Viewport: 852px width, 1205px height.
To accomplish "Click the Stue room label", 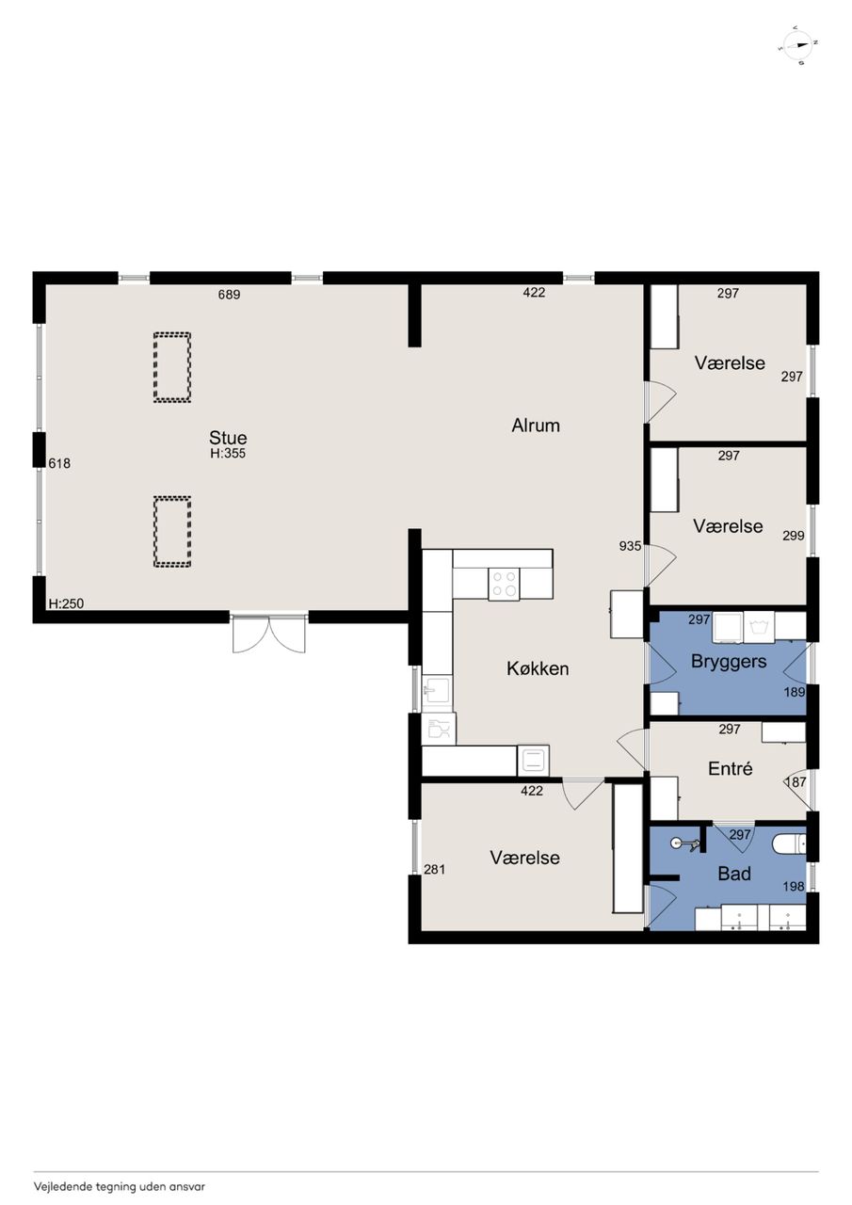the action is (228, 438).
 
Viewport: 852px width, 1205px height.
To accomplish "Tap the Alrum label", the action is (536, 426).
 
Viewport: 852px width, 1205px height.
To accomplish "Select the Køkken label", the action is (538, 668).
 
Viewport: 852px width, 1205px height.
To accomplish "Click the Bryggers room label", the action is (729, 661).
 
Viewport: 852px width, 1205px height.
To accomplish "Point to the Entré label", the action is (730, 769).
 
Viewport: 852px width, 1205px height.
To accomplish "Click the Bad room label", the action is (734, 874).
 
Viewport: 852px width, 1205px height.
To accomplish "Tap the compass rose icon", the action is (797, 45).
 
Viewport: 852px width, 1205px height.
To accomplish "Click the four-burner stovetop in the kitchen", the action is (505, 584).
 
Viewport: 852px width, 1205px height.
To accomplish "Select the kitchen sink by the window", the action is (438, 690).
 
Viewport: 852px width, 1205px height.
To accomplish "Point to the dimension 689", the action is (229, 295).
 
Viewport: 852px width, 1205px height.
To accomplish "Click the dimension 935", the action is (630, 546).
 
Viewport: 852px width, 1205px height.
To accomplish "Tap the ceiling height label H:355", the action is (228, 454).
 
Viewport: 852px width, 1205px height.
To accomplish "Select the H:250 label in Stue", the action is (66, 603).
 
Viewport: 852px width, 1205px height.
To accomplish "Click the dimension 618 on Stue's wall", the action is (59, 463).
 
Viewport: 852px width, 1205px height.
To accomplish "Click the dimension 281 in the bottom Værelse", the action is (435, 869).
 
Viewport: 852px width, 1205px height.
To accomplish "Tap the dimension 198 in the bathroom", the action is (794, 886).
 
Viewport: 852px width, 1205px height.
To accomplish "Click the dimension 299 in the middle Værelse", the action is (794, 536).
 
